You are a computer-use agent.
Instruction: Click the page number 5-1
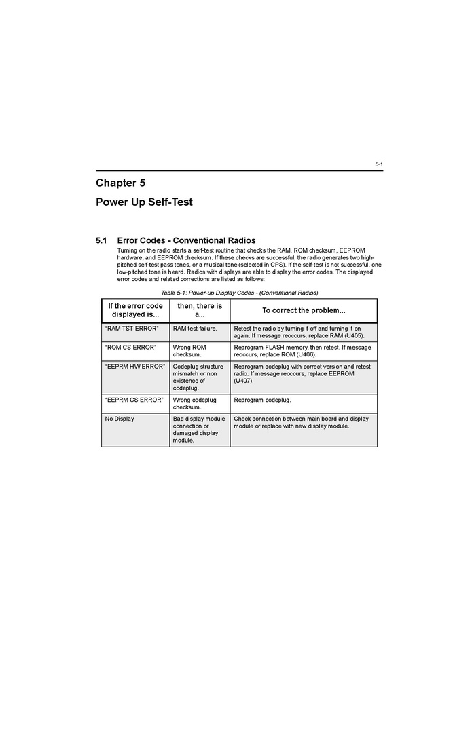tap(379, 164)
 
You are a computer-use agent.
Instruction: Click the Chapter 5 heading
tap(120, 183)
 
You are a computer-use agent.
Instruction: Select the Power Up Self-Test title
tap(144, 202)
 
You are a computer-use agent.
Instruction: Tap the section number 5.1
tap(101, 240)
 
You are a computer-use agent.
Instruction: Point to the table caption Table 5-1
tap(239, 293)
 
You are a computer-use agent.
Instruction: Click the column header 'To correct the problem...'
tap(304, 310)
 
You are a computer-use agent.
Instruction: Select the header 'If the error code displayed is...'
tap(135, 310)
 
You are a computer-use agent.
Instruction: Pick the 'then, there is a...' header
tap(200, 310)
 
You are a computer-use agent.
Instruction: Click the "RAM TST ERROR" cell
tap(132, 329)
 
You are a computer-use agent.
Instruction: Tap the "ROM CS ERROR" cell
tap(130, 348)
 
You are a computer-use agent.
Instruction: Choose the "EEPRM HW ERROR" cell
tap(135, 367)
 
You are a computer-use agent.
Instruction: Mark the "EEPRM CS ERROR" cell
tap(134, 400)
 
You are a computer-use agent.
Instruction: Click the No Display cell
tap(120, 419)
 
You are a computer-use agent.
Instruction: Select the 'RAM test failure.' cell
tap(195, 329)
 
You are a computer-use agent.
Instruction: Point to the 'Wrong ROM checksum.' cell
tap(189, 351)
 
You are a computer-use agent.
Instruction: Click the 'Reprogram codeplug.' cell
tap(262, 400)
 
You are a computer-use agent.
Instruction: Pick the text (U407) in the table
tap(244, 381)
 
